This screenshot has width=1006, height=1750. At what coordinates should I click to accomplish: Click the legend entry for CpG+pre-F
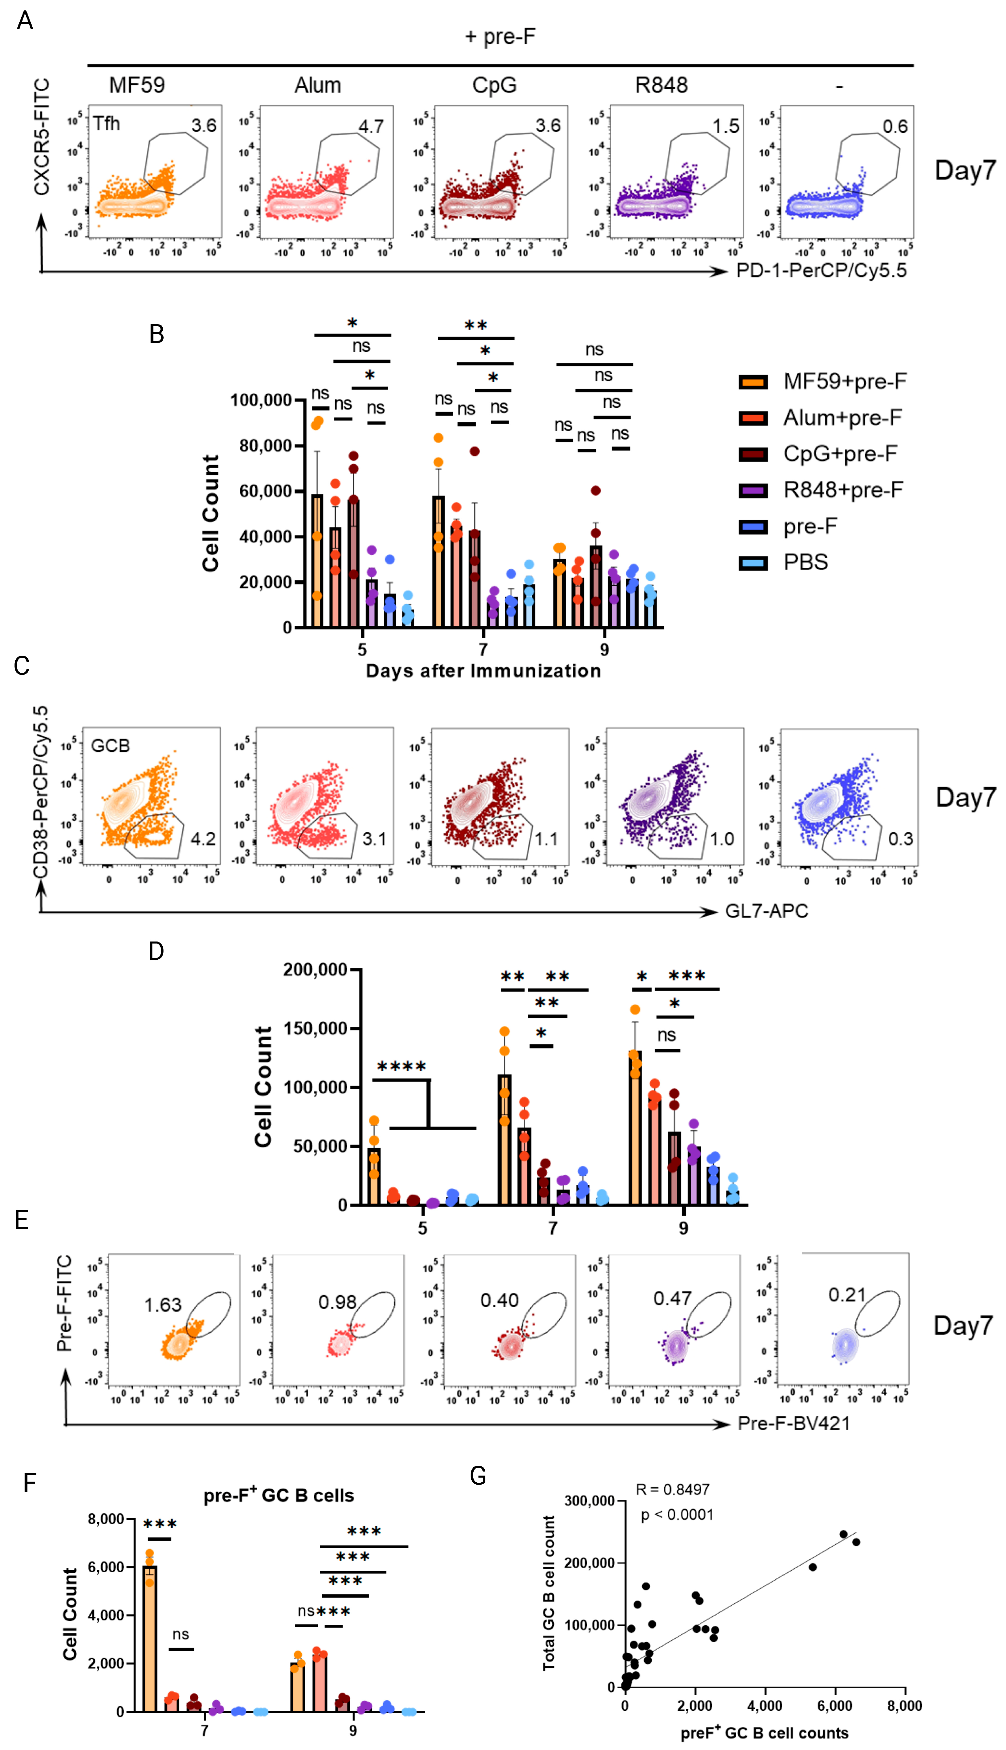(839, 454)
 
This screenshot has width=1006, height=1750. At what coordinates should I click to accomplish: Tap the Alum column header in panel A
(318, 86)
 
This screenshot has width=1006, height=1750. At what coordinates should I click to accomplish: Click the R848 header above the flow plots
(661, 86)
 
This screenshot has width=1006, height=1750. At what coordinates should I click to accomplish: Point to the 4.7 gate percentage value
(371, 126)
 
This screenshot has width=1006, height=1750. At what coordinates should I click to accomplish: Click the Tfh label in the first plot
(107, 124)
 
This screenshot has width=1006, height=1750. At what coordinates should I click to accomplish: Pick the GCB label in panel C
(111, 745)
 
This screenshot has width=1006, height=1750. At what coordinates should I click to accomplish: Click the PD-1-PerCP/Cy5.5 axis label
(821, 271)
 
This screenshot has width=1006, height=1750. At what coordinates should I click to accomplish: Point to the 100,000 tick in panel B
(260, 400)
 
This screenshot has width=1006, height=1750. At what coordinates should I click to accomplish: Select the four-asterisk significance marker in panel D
(401, 1067)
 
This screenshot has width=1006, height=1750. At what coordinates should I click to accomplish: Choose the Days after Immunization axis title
(483, 671)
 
